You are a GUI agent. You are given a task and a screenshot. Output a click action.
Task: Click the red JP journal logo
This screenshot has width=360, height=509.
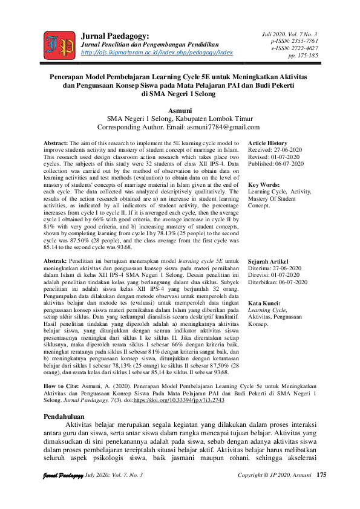pyautogui.click(x=59, y=44)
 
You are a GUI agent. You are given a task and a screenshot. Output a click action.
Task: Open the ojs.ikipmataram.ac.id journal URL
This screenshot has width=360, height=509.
pyautogui.click(x=157, y=53)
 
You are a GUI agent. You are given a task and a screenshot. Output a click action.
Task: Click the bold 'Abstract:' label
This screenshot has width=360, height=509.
pyautogui.click(x=60, y=143)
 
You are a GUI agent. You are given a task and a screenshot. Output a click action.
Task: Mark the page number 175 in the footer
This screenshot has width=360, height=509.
pyautogui.click(x=321, y=492)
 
